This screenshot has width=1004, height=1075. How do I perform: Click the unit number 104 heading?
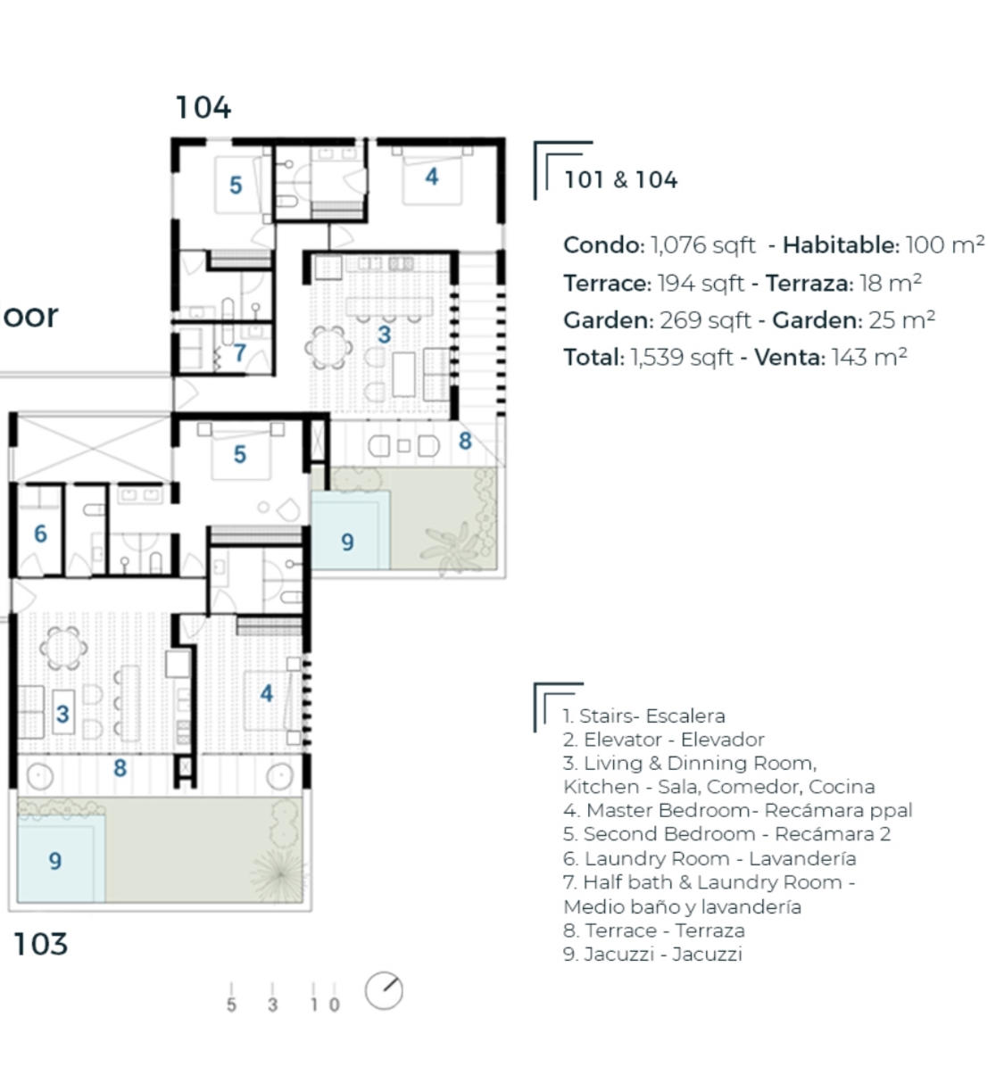coord(203,107)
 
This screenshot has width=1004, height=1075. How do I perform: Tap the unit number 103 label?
coord(40,944)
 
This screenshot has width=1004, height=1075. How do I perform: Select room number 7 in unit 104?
coord(239,353)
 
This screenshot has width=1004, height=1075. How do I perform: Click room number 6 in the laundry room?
coord(40,533)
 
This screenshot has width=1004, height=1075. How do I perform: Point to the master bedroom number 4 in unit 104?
coord(431,177)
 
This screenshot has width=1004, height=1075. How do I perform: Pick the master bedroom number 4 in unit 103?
coord(266,693)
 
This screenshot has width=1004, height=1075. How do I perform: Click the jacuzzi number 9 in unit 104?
coord(347,542)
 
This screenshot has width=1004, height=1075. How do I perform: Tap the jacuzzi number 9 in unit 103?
coord(54,861)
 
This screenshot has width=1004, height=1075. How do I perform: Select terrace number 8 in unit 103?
coord(120,768)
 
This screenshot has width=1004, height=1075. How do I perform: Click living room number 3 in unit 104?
coord(384,335)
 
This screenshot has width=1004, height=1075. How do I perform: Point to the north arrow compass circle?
coord(384,991)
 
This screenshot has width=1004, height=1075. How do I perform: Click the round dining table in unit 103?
coord(62,648)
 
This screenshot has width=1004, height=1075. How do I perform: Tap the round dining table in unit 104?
coord(328,348)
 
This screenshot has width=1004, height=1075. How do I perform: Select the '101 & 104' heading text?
coord(620,179)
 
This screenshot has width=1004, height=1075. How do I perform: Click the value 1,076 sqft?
coord(702,245)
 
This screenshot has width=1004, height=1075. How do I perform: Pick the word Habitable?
coord(841,245)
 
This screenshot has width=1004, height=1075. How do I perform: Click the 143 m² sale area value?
coord(868,357)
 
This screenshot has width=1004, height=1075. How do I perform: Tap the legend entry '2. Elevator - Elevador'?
coord(663,740)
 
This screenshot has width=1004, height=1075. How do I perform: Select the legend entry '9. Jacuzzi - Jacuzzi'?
coord(652,954)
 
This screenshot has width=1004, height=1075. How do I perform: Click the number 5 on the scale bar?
coord(231,1005)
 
